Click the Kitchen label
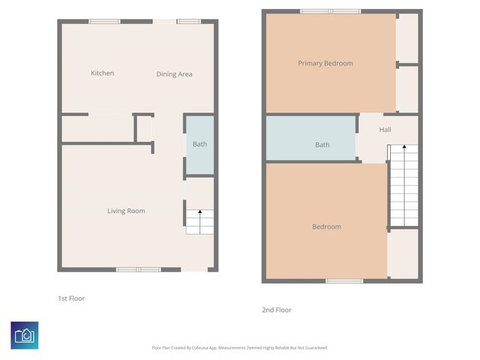pyautogui.click(x=102, y=73)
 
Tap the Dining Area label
pyautogui.click(x=174, y=74)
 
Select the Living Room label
pyautogui.click(x=126, y=211)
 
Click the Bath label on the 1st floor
pyautogui.click(x=199, y=144)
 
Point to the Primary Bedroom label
pyautogui.click(x=325, y=63)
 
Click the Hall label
pyautogui.click(x=385, y=130)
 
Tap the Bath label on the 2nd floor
pyautogui.click(x=322, y=145)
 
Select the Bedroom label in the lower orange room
pyautogui.click(x=326, y=226)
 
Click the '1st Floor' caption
pyautogui.click(x=71, y=298)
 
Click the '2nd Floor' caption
pyautogui.click(x=277, y=310)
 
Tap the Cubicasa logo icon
pyautogui.click(x=25, y=335)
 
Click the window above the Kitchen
pyautogui.click(x=104, y=21)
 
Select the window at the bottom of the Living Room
pyautogui.click(x=138, y=269)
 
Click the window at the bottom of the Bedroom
pyautogui.click(x=344, y=281)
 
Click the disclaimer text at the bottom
pyautogui.click(x=240, y=347)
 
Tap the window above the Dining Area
pyautogui.click(x=188, y=21)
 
